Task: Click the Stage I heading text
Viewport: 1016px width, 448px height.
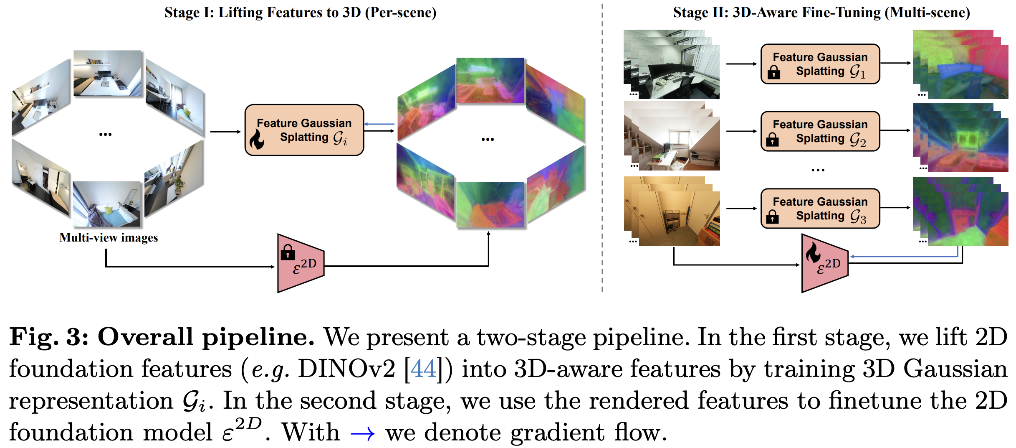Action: coord(300,13)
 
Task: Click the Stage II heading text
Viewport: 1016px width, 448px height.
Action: coord(821,13)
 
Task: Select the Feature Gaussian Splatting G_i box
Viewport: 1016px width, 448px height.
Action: coord(304,130)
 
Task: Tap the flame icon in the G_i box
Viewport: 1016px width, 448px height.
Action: coord(257,139)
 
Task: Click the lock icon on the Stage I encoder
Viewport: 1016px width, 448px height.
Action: coord(288,252)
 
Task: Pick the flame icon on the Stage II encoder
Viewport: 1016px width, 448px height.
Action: coord(813,252)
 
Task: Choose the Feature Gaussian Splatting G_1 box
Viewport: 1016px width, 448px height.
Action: coord(820,64)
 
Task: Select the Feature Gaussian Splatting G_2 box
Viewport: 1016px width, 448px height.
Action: coord(820,131)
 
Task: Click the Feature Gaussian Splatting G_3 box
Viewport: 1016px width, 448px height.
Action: coord(820,209)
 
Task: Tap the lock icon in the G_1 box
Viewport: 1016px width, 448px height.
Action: coord(773,72)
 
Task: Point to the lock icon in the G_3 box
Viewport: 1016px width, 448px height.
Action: coord(772,216)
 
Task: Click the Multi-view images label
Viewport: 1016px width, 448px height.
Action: coord(109,238)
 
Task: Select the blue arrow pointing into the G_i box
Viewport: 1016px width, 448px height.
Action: coord(379,124)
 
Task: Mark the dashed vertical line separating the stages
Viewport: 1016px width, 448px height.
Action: coord(602,146)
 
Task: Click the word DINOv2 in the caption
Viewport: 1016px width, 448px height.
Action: coord(346,369)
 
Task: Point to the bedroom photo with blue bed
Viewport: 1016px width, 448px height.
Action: coord(107,204)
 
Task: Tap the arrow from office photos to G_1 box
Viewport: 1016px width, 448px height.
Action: coord(741,64)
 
